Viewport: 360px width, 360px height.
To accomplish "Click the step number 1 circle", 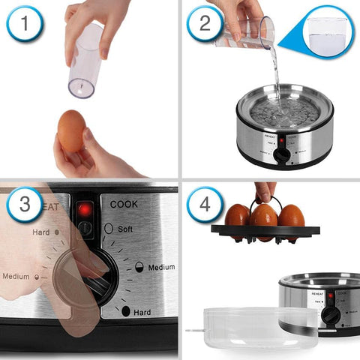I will pos(25,25).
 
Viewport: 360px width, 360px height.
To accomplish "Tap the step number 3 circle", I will pos(25,205).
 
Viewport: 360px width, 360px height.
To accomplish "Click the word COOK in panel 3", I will pos(124,203).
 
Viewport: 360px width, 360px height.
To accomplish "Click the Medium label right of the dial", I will pos(160,267).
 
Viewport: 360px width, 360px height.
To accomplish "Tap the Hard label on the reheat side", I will pos(40,232).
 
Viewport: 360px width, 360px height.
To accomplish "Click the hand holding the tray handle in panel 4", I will pos(264,190).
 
